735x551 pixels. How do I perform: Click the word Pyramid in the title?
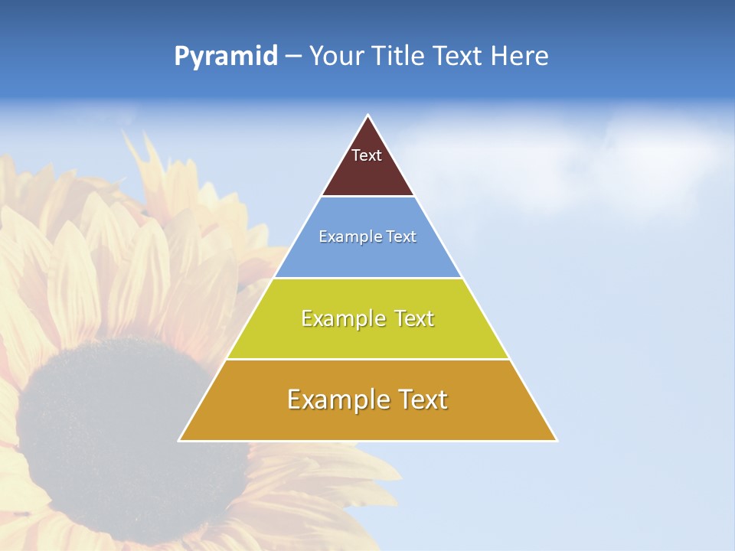pos(226,56)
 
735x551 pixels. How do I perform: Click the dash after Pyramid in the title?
pos(292,57)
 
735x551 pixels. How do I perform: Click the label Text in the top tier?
pos(367,155)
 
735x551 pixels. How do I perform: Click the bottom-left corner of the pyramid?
pos(179,440)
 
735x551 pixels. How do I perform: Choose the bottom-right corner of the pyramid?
pos(557,440)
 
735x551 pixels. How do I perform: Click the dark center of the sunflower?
pos(115,429)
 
